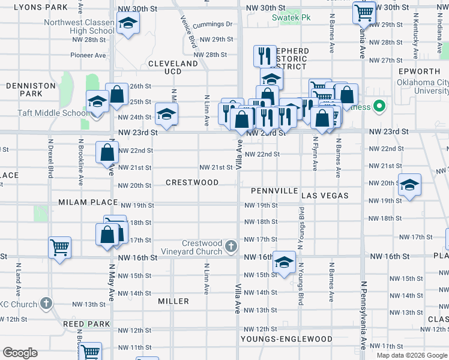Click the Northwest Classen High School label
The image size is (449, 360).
click(79, 27)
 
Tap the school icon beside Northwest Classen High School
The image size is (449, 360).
click(127, 25)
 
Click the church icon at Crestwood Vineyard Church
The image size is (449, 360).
click(231, 246)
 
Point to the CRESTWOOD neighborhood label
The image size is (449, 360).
click(192, 182)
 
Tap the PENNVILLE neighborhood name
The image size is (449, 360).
click(274, 191)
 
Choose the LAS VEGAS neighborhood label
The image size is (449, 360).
click(325, 196)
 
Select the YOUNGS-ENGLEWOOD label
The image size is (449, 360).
click(286, 339)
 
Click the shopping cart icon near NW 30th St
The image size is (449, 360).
click(364, 12)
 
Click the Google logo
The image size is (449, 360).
click(20, 353)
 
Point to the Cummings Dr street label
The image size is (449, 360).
click(213, 25)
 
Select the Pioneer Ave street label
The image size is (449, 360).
click(88, 55)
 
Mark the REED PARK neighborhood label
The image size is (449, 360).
click(86, 324)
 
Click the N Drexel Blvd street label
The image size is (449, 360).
click(51, 160)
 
